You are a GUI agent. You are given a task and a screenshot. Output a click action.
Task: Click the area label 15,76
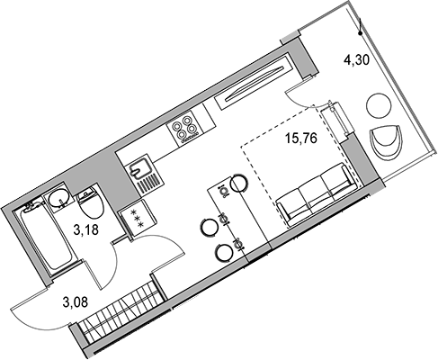click(301, 139)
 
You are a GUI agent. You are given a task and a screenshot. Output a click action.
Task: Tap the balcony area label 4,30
click(356, 60)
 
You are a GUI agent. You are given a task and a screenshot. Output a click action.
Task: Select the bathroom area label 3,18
click(86, 230)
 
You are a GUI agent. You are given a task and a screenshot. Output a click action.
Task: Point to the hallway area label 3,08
click(76, 301)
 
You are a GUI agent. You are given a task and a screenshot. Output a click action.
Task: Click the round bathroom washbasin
click(59, 198)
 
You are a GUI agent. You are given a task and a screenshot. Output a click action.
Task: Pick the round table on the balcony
click(379, 106)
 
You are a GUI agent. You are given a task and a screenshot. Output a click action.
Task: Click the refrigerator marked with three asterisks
click(139, 219)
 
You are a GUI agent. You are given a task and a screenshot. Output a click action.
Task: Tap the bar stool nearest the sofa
click(239, 183)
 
